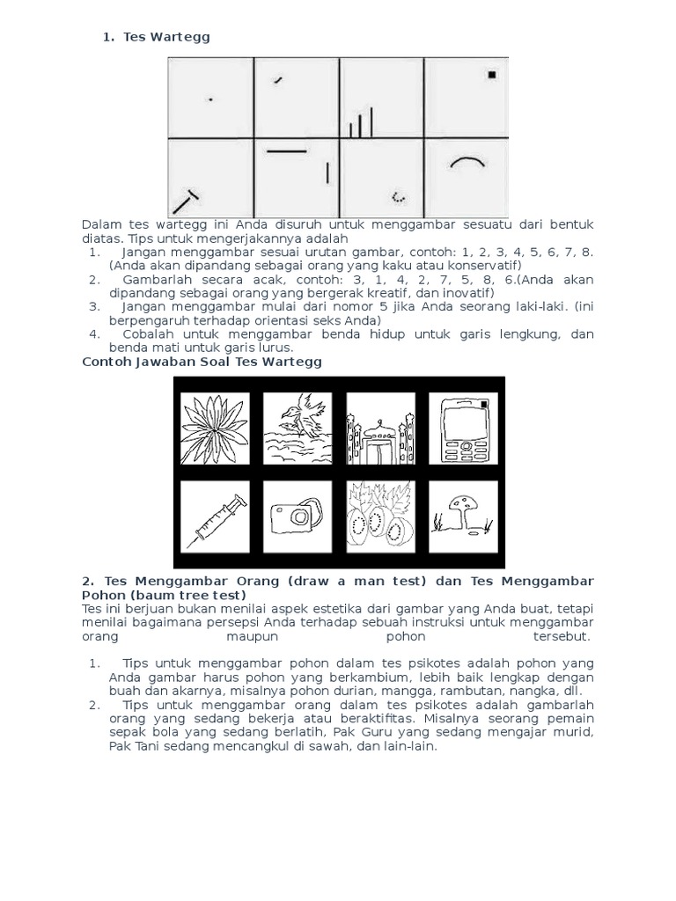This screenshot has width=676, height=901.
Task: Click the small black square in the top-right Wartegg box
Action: point(492,75)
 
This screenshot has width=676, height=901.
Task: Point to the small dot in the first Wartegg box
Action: point(209,99)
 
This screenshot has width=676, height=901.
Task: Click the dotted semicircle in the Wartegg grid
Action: point(398,197)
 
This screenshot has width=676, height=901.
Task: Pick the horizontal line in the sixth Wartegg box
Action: point(286,152)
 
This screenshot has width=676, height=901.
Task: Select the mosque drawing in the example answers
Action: point(380,429)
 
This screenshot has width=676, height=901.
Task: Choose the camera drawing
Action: point(298,518)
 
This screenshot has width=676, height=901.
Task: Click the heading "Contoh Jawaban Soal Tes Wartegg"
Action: point(202,361)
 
